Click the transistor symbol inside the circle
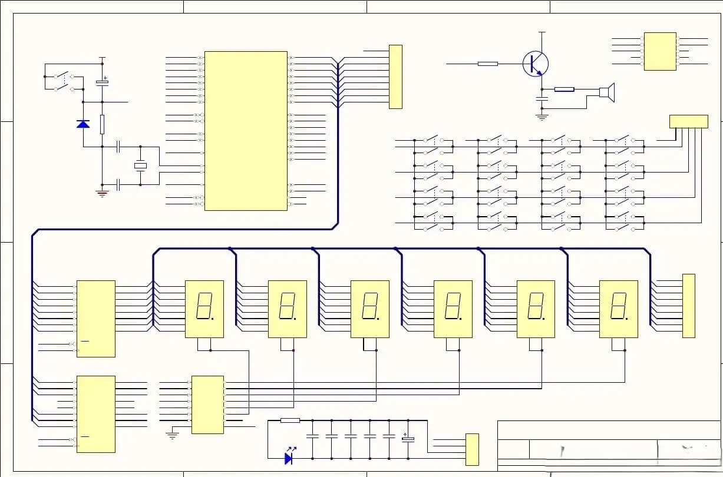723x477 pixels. pyautogui.click(x=535, y=64)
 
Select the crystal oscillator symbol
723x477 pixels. pyautogui.click(x=140, y=165)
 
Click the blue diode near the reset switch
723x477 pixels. pyautogui.click(x=83, y=124)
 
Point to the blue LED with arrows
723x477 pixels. pyautogui.click(x=289, y=458)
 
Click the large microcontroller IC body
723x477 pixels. pyautogui.click(x=246, y=130)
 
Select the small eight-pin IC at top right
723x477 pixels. pyautogui.click(x=659, y=51)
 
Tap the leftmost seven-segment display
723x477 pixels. pyautogui.click(x=204, y=309)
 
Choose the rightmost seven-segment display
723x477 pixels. pyautogui.click(x=619, y=309)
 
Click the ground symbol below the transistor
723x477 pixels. pyautogui.click(x=542, y=117)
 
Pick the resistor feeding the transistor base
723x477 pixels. pyautogui.click(x=487, y=64)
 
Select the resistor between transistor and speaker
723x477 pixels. pyautogui.click(x=564, y=90)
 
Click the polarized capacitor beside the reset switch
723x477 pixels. pyautogui.click(x=103, y=82)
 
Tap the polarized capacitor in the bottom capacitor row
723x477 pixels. pyautogui.click(x=408, y=439)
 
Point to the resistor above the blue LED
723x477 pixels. pyautogui.click(x=290, y=420)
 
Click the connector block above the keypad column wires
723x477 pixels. pyautogui.click(x=688, y=121)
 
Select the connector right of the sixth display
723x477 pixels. pyautogui.click(x=688, y=306)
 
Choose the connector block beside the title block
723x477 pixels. pyautogui.click(x=472, y=449)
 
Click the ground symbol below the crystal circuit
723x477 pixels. pyautogui.click(x=103, y=193)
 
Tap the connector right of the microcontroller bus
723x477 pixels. pyautogui.click(x=395, y=77)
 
